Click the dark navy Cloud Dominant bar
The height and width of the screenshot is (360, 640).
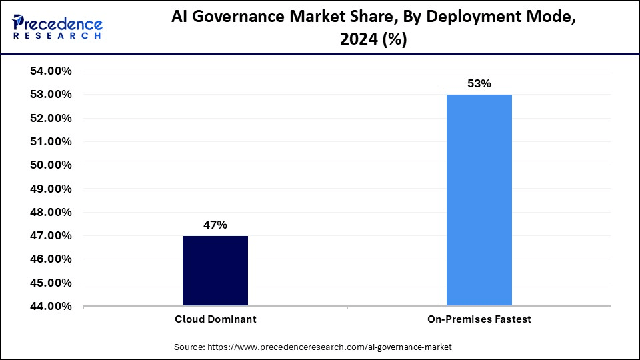215,271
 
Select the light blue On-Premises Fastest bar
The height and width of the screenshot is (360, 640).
479,200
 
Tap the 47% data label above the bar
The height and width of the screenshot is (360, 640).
215,225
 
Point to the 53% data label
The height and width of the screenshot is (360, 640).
479,84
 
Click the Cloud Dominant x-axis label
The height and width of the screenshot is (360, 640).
215,319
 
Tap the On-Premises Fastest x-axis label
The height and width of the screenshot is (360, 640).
479,319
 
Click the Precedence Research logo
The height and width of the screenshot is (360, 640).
57,26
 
